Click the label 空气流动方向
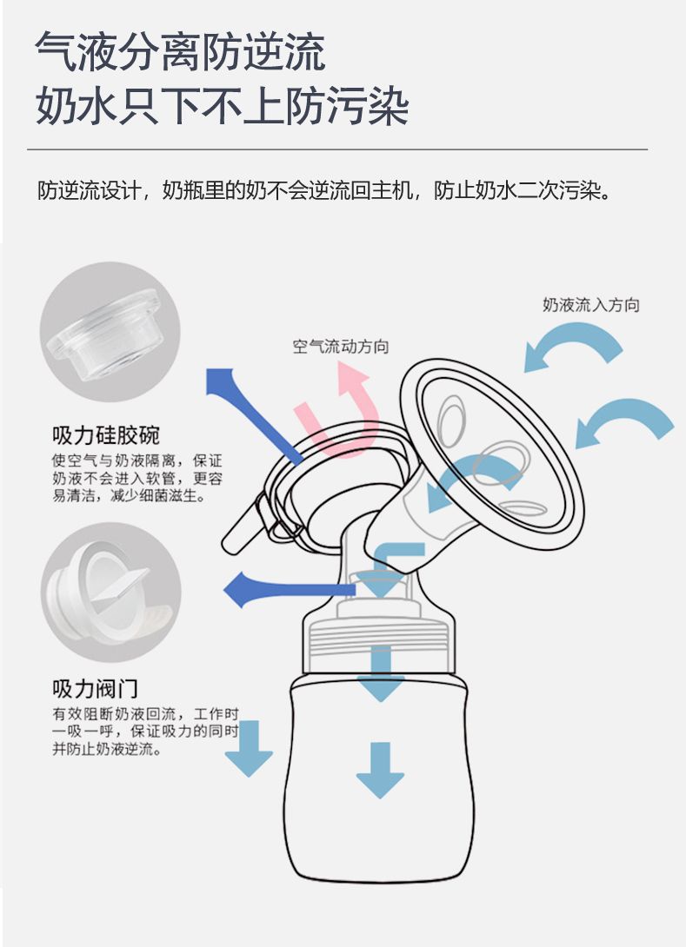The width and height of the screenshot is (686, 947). [x=341, y=347]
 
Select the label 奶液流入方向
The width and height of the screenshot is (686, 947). [x=590, y=304]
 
